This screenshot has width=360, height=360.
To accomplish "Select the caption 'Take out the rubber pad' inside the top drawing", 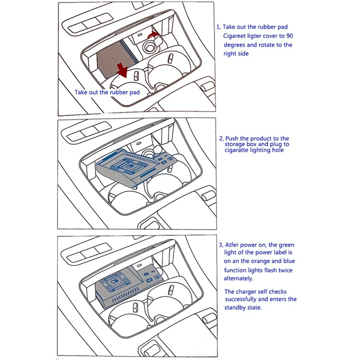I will coord(107,92).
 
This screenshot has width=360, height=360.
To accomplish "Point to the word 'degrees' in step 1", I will coord(235,45).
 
